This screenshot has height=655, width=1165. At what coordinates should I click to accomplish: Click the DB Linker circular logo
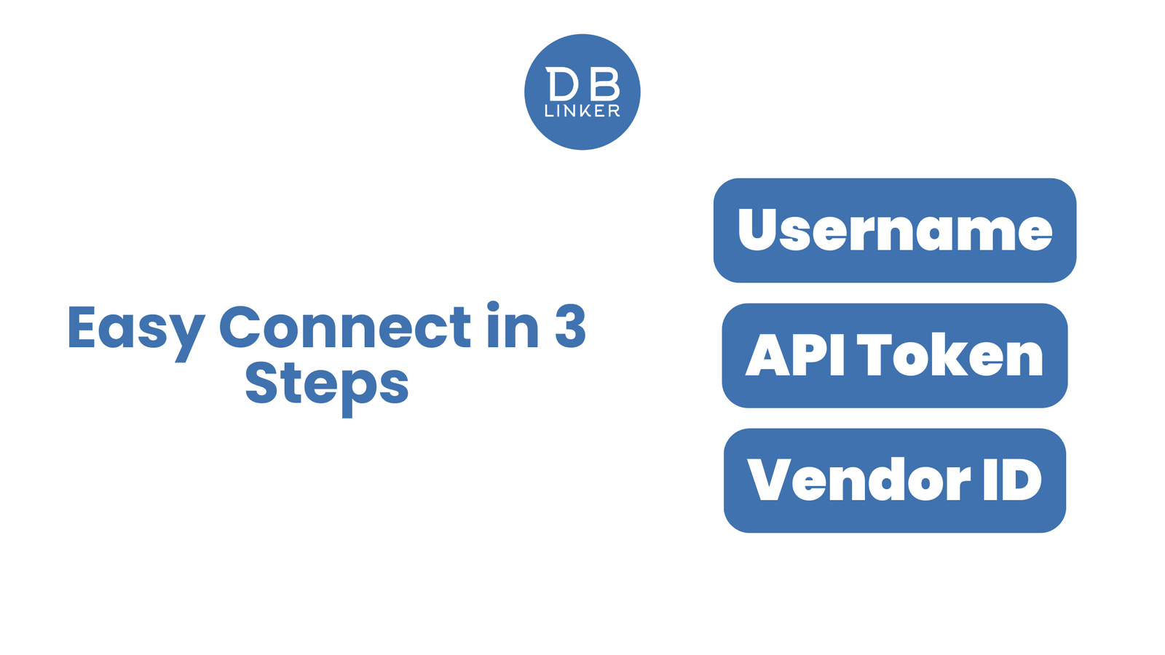pyautogui.click(x=582, y=92)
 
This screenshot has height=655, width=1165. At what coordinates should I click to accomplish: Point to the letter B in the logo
pyautogui.click(x=606, y=84)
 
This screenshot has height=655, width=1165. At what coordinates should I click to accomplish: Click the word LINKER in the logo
pyautogui.click(x=582, y=111)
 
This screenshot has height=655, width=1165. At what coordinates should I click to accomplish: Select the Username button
pyautogui.click(x=895, y=230)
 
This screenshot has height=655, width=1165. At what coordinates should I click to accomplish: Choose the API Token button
pyautogui.click(x=895, y=356)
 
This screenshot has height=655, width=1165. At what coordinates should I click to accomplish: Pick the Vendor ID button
pyautogui.click(x=895, y=480)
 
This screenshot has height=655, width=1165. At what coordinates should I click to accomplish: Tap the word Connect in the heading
pyautogui.click(x=345, y=327)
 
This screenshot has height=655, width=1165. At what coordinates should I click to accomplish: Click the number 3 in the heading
pyautogui.click(x=570, y=327)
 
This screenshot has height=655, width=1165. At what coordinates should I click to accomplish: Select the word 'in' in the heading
pyautogui.click(x=513, y=325)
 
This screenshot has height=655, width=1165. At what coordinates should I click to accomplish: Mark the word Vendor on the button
pyautogui.click(x=858, y=480)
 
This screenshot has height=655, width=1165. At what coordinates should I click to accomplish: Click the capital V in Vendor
pyautogui.click(x=771, y=480)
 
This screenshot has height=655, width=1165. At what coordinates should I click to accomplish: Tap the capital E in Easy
pyautogui.click(x=82, y=327)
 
